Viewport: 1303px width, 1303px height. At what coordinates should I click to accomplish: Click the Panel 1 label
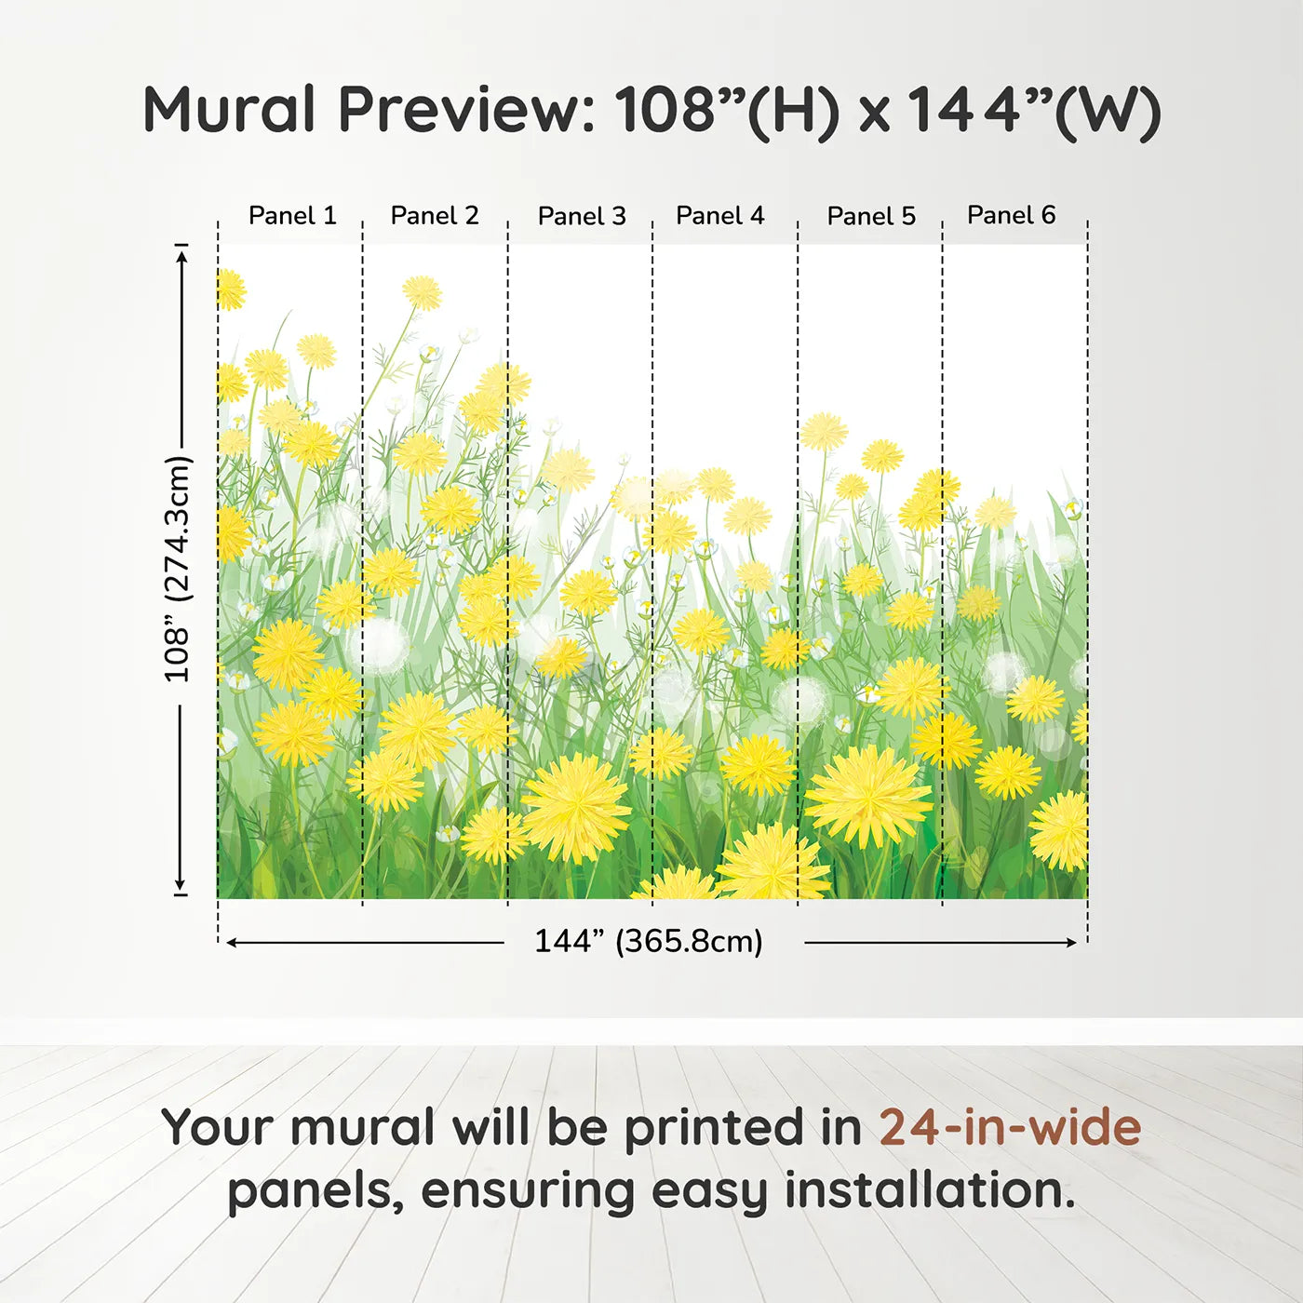[x=292, y=216]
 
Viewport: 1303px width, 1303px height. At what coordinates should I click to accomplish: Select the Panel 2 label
[x=435, y=216]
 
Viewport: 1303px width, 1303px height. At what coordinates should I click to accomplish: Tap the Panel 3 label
[x=582, y=216]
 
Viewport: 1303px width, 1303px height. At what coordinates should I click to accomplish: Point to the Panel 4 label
[x=720, y=216]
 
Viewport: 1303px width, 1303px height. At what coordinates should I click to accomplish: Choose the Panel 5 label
[x=871, y=216]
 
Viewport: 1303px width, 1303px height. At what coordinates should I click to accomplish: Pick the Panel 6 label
[x=1011, y=215]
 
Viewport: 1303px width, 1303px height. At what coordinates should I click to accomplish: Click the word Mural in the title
[x=229, y=109]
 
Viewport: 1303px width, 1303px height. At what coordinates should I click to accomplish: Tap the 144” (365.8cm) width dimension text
[x=649, y=941]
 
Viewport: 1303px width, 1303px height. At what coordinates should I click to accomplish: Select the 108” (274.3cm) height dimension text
[x=178, y=569]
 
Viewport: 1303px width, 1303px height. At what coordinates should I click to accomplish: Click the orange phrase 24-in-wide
[x=1010, y=1128]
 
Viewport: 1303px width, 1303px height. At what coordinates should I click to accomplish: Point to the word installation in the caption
[x=930, y=1190]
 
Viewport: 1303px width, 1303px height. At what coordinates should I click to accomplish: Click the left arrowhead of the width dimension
[x=231, y=943]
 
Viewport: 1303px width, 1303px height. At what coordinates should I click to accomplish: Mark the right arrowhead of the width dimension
[x=1071, y=943]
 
